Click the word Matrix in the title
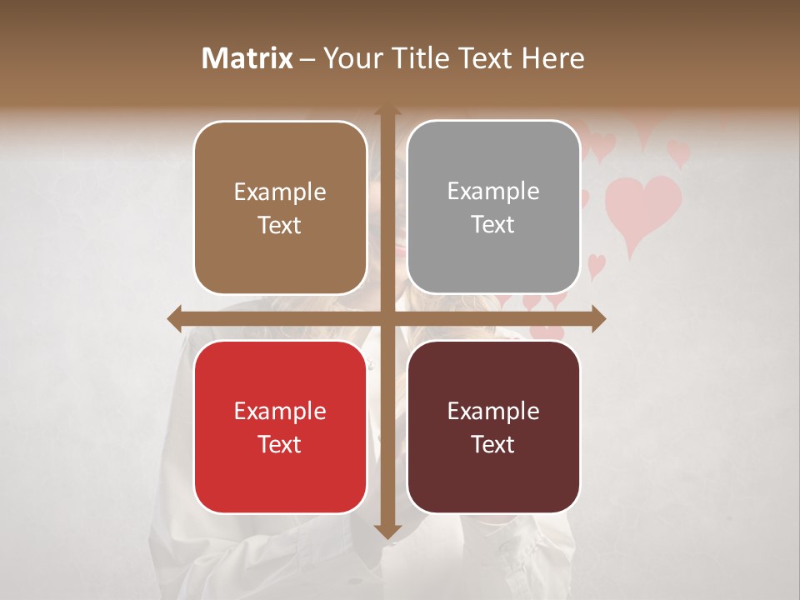pos(247,58)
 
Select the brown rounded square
pos(280,207)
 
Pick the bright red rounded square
pos(280,427)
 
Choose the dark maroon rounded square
pos(493,427)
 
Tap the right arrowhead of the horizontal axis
pos(598,318)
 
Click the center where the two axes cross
pos(387,318)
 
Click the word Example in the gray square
pos(493,192)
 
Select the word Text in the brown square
pos(280,225)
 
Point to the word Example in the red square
pos(280,411)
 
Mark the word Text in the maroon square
pos(493,444)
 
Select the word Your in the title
pos(349,58)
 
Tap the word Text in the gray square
pos(493,224)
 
